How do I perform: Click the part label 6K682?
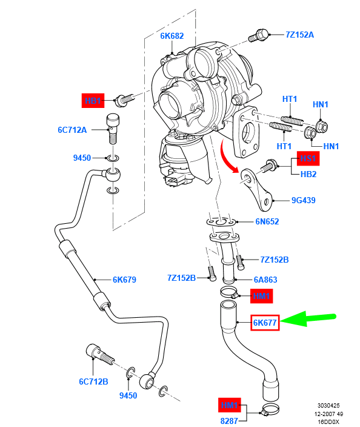coord(172,36)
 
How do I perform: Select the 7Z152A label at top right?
coord(299,35)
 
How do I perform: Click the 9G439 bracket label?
coord(303,200)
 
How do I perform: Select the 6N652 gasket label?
coord(267,221)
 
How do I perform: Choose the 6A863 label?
coord(265,280)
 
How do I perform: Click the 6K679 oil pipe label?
coord(124,280)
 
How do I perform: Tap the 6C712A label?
coord(73,130)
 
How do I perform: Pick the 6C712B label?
coord(93,382)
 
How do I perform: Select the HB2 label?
coord(308,174)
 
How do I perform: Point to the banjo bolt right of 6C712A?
coord(113,125)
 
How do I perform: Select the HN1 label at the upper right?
coord(320,104)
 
